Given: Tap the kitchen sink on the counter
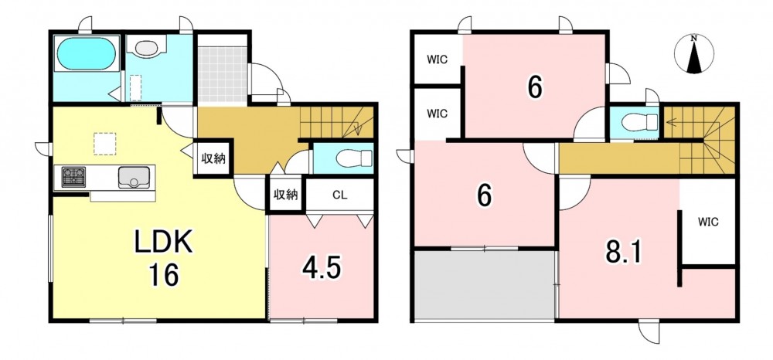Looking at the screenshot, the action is tap(134, 177).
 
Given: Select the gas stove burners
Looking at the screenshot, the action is tap(73, 177).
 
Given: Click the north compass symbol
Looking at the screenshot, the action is tap(693, 54).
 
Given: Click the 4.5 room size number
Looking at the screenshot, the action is tap(322, 269).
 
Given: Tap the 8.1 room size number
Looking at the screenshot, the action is tap(623, 253).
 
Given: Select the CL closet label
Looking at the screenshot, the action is tap(339, 195).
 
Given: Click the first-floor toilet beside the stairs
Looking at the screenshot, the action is tap(353, 158).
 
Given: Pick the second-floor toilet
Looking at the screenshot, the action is tap(639, 121).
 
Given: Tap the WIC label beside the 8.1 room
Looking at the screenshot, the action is tap(708, 222).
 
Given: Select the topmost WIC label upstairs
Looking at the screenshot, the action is tap(437, 60).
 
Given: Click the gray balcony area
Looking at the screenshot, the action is tap(485, 284).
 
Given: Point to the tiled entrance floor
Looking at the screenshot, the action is tap(222, 74).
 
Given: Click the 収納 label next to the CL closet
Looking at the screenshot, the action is tap(286, 195).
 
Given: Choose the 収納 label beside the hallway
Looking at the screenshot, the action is tap(213, 158).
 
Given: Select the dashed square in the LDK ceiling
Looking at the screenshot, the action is tap(104, 144).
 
